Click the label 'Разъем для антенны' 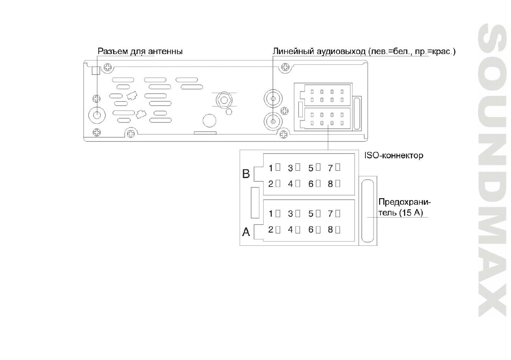click(x=140, y=51)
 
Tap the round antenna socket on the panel click(x=97, y=115)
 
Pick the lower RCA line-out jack click(x=273, y=121)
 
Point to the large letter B click(x=246, y=174)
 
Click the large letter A click(x=246, y=232)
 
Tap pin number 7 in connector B click(x=334, y=167)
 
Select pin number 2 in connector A click(x=274, y=230)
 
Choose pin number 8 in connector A click(x=334, y=230)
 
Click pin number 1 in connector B click(x=274, y=167)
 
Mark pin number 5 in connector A click(x=314, y=213)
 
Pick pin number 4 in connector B click(x=294, y=184)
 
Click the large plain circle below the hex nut click(x=209, y=121)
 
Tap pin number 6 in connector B click(x=314, y=184)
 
